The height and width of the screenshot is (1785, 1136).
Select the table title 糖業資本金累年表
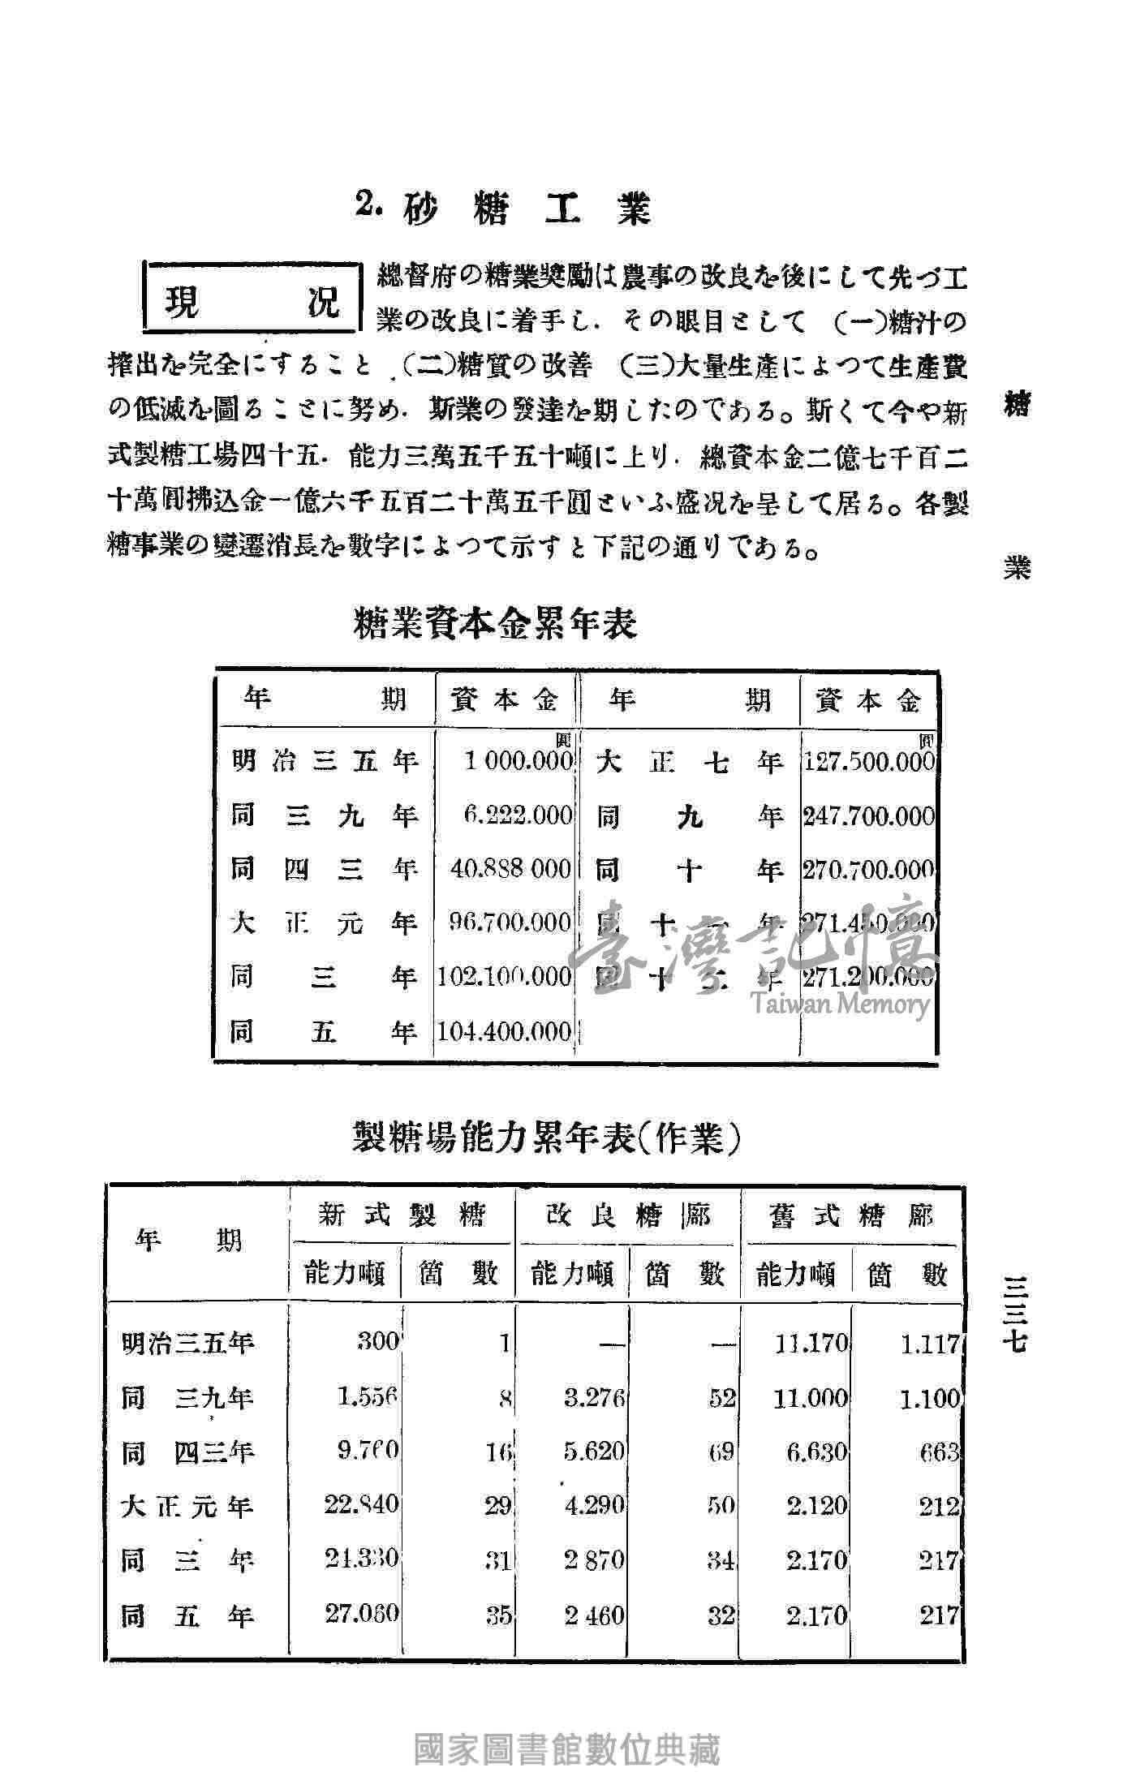496,624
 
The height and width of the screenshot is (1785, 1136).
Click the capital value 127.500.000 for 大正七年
868,763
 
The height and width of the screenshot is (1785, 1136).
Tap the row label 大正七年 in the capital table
689,763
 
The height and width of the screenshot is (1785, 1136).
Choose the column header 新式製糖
402,1215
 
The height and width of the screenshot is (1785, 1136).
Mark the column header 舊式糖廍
851,1216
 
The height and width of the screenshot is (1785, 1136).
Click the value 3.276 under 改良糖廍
594,1398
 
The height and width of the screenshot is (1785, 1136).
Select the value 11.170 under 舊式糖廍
811,1343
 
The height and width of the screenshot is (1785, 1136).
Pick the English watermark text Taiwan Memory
840,1004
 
